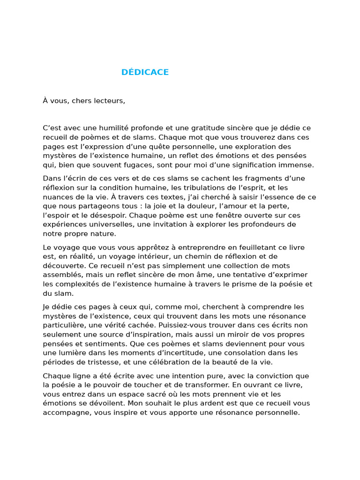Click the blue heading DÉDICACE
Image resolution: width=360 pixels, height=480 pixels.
point(145,72)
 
